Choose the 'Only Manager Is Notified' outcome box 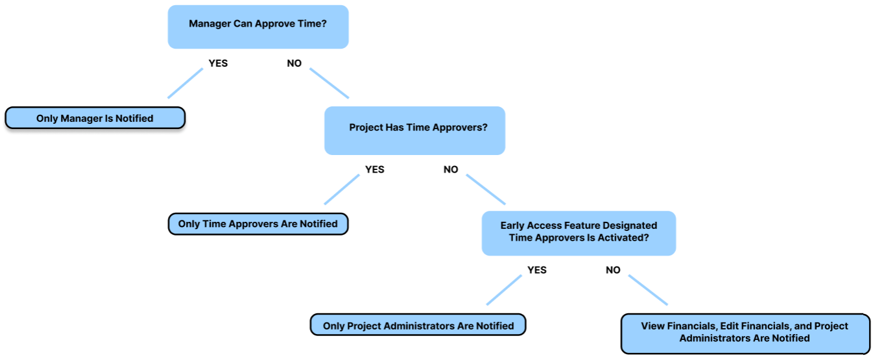tap(95, 119)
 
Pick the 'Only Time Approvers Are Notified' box tap(258, 224)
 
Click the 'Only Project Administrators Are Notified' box tap(418, 326)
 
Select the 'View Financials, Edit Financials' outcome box tap(745, 332)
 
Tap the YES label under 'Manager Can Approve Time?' tap(218, 64)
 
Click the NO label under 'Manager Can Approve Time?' tap(294, 64)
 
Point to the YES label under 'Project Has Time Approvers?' tap(374, 169)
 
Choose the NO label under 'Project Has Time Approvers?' tap(451, 169)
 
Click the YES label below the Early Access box tap(537, 270)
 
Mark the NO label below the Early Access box tap(613, 270)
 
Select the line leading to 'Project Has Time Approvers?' tap(329, 82)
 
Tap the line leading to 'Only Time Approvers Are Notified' tap(342, 189)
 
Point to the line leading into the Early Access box tap(485, 189)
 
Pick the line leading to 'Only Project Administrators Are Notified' tap(504, 289)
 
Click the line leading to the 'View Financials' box tap(647, 289)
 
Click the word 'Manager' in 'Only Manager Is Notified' tap(81, 119)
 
